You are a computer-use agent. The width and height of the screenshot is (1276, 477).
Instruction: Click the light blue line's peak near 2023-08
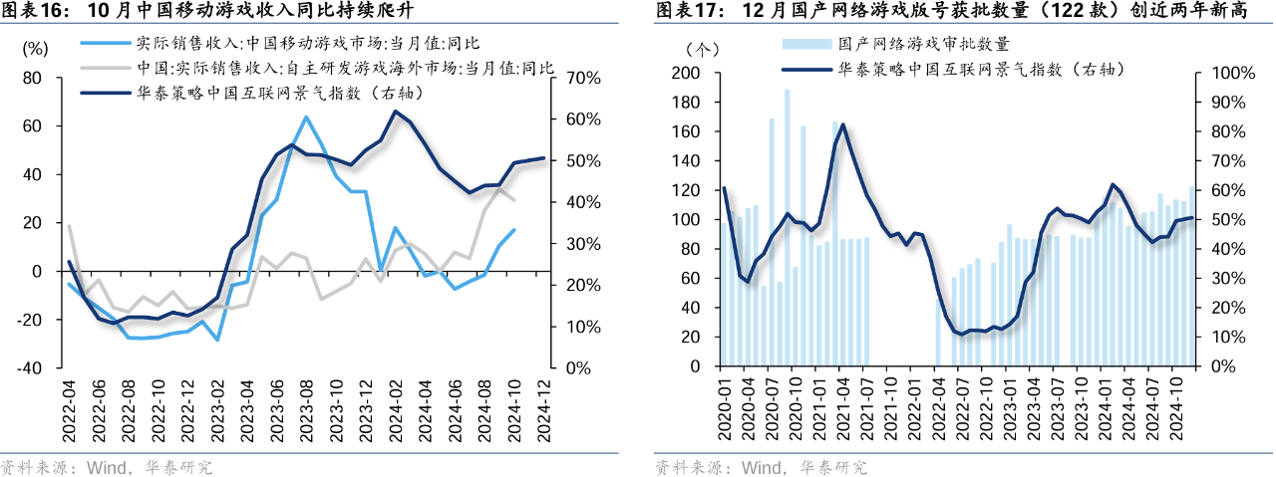click(306, 117)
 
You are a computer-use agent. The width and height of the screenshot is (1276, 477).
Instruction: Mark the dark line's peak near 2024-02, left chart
click(395, 111)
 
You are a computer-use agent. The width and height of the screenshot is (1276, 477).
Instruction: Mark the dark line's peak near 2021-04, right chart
click(843, 124)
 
